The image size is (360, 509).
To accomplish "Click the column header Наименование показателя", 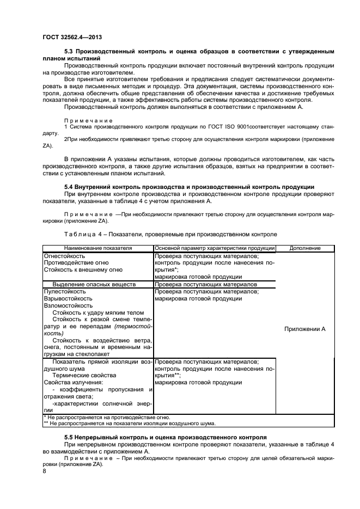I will [x=98, y=248].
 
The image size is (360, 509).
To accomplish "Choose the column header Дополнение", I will [x=304, y=248].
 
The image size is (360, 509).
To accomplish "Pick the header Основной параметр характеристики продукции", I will [x=214, y=248].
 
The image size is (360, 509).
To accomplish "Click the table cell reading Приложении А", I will [x=304, y=329].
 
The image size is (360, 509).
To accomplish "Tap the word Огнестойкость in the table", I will [x=64, y=255].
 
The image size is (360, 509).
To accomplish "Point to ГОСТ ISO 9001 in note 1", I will [x=218, y=126].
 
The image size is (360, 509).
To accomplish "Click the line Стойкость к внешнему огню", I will [x=79, y=269].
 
